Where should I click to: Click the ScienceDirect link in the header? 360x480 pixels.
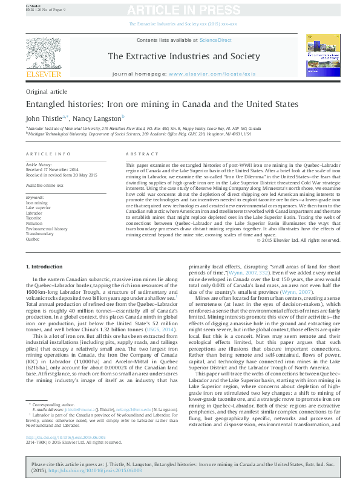(216, 40)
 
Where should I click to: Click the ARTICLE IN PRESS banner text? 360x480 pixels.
(180, 10)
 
